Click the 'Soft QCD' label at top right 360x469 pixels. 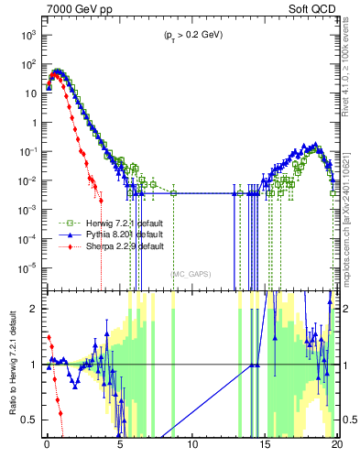coord(313,9)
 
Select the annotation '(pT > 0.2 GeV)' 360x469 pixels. coord(190,35)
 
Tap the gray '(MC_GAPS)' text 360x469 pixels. coord(190,273)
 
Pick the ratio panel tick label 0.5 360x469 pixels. coord(31,420)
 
